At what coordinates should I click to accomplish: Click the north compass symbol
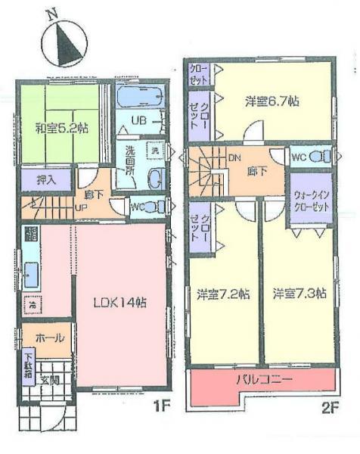(61, 42)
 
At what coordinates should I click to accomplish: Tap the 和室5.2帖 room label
(62, 128)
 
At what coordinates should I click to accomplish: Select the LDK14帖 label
(119, 302)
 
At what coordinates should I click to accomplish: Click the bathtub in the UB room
(141, 96)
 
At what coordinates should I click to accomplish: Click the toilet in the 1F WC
(155, 206)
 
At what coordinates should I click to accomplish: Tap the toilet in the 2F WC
(321, 157)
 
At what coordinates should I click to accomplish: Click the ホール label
(47, 338)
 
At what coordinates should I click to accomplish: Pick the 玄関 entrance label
(49, 379)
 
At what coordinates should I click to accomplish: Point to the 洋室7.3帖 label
(299, 292)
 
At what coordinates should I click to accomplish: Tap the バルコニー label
(263, 378)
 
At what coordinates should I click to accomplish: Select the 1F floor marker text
(162, 408)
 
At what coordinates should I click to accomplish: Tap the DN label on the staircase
(233, 157)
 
